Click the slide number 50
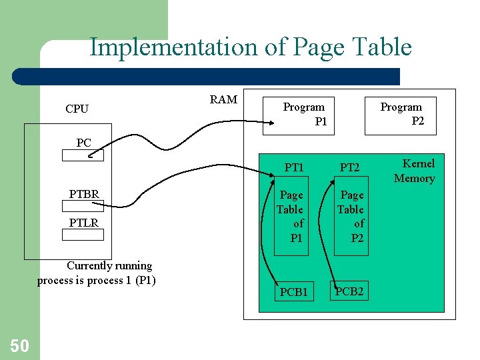19,345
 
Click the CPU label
77,109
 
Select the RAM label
223,99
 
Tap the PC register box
83,155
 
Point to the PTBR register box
83,207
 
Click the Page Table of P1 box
291,216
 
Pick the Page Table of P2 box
351,216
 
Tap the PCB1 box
293,292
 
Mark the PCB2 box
349,291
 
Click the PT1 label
294,167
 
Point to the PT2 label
350,167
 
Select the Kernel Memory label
415,171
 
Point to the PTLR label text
84,222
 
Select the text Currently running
109,265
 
